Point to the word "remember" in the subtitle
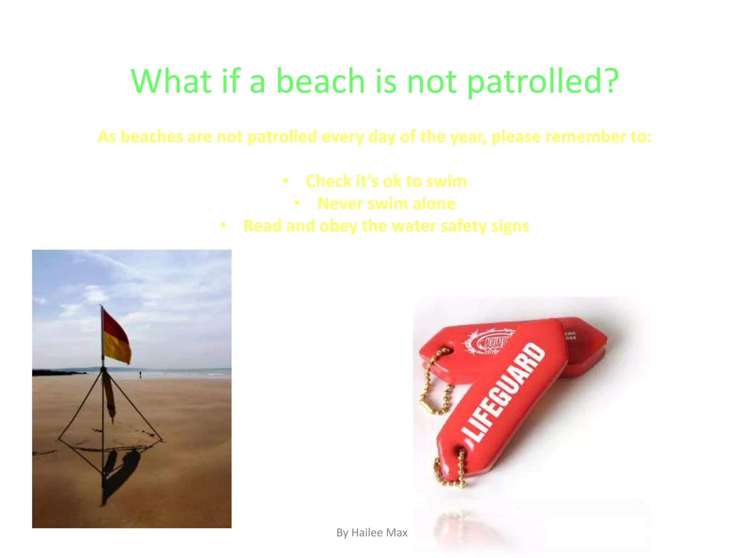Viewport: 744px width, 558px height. click(578, 137)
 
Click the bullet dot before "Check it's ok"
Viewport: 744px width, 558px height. click(286, 181)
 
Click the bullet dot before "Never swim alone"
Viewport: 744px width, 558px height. click(297, 203)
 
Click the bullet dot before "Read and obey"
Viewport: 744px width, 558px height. click(223, 226)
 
